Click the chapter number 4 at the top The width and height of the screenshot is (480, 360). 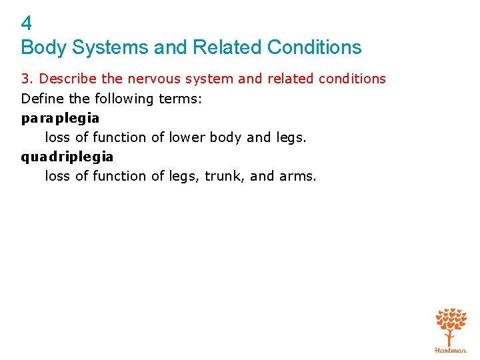pos(27,24)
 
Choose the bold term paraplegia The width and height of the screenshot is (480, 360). pos(60,119)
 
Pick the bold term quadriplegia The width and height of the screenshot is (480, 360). pos(67,157)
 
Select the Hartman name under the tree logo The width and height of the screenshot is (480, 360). pos(451,350)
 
